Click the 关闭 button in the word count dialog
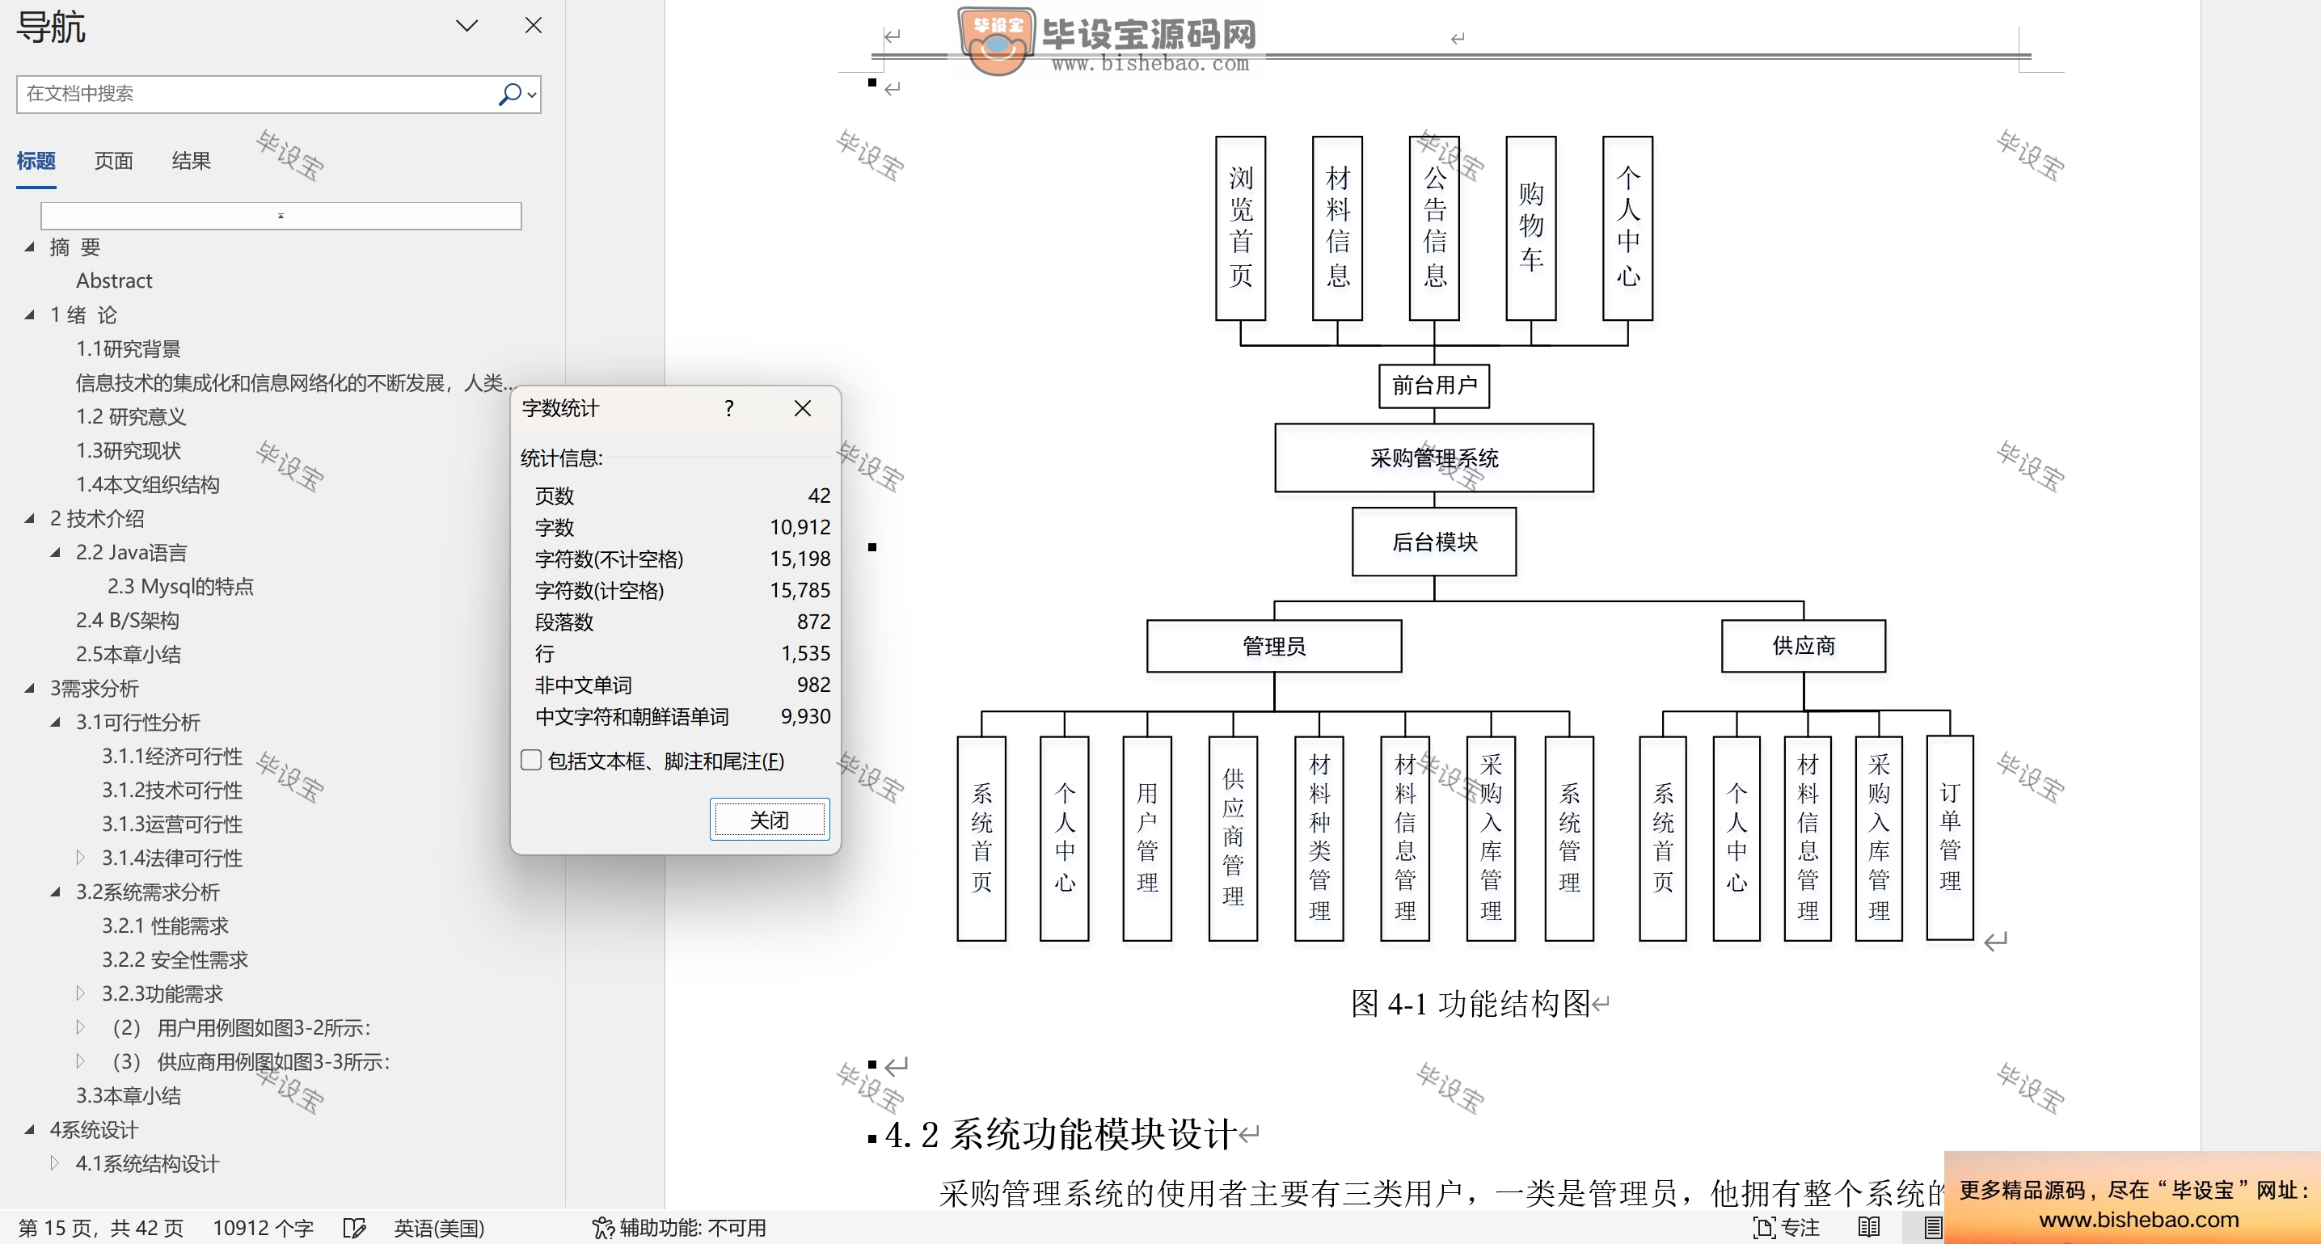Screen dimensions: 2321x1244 [769, 819]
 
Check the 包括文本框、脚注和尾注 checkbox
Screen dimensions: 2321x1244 [532, 761]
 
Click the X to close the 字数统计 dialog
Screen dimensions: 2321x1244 [802, 408]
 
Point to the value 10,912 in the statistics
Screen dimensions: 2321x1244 [800, 527]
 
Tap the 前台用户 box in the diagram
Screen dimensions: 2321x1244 [1433, 386]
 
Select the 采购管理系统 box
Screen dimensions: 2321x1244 [1433, 458]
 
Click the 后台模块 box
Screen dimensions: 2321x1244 [1433, 542]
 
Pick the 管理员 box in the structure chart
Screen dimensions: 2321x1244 [1273, 646]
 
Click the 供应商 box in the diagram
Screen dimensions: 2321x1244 [1803, 646]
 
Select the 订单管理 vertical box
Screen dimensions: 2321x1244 [1949, 837]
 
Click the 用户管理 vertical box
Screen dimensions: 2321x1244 [1146, 837]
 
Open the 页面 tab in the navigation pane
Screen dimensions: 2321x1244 [113, 161]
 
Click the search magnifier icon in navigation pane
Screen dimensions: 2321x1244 [509, 94]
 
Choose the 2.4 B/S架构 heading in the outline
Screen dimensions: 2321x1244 [127, 620]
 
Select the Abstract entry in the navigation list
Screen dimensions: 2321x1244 [113, 280]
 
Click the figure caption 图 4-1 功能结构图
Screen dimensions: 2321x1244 [1470, 1002]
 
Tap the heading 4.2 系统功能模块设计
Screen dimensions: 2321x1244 [1059, 1134]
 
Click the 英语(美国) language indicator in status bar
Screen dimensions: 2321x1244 [439, 1227]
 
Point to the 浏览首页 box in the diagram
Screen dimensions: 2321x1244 [1240, 228]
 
